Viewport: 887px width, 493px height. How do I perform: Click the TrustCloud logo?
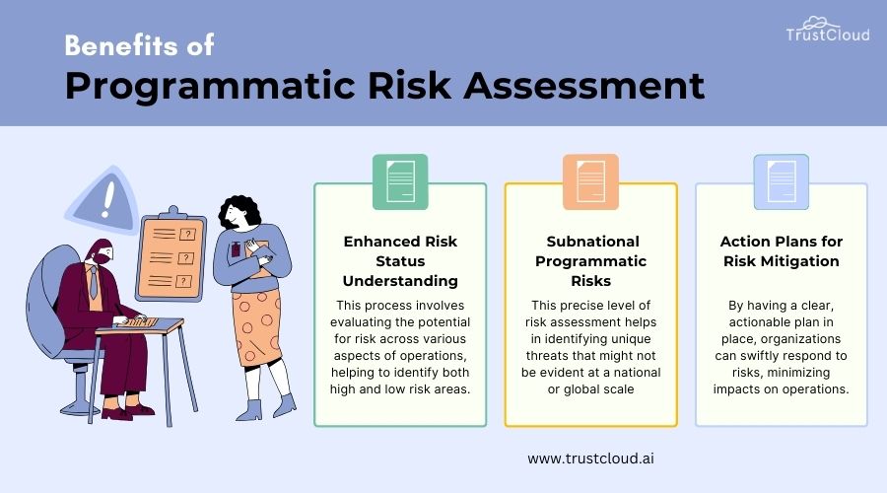click(828, 29)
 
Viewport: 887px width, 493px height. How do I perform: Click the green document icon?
click(399, 181)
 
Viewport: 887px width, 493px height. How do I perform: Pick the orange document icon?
click(590, 181)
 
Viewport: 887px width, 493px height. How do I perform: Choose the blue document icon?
click(781, 181)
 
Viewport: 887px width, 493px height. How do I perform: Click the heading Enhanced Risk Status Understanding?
click(399, 261)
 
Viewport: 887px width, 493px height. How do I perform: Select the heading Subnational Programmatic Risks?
click(591, 261)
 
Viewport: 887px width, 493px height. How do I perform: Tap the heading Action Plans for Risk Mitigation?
click(780, 251)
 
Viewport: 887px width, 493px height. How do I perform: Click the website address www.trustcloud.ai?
click(589, 458)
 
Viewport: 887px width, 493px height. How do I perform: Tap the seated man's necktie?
click(93, 284)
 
